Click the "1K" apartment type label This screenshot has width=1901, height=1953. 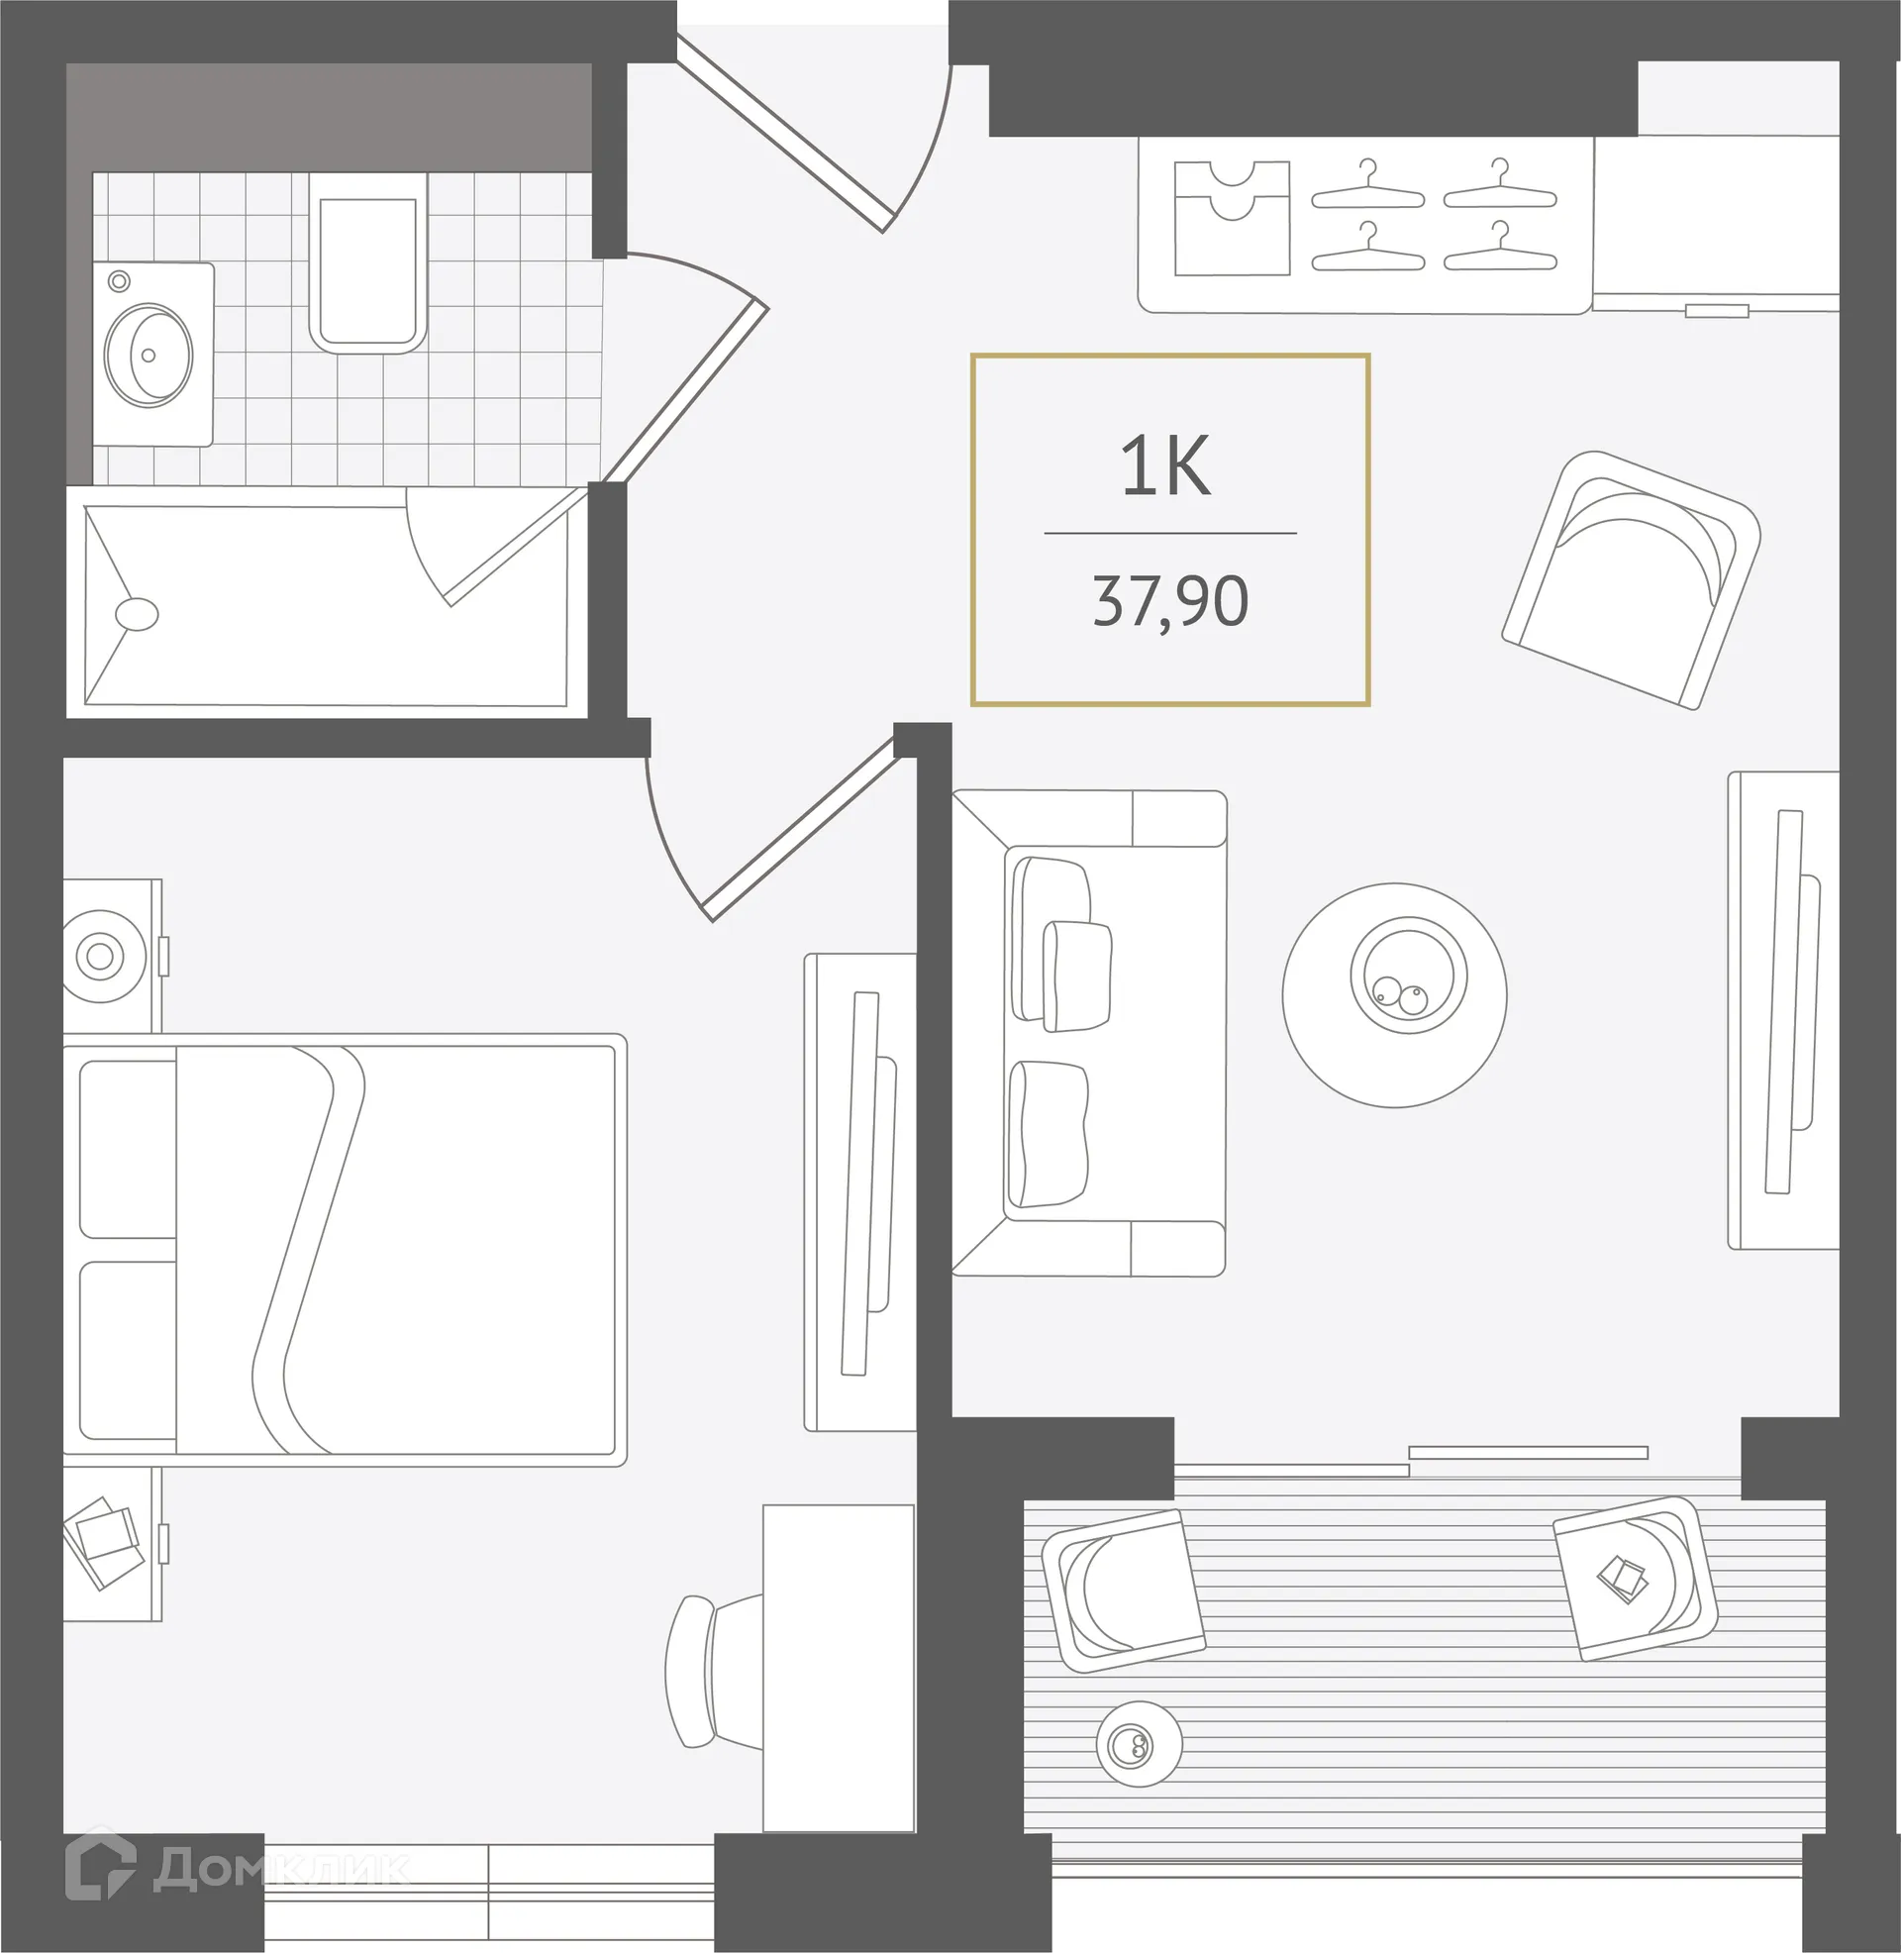(x=1165, y=466)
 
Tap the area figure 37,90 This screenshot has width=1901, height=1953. (x=1170, y=601)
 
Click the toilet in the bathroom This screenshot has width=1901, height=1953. (x=367, y=262)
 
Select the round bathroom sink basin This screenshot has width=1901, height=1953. (x=149, y=355)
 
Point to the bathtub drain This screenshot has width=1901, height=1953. (x=137, y=614)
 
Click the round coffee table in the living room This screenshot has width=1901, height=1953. (x=1394, y=995)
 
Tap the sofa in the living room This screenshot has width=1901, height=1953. (x=1088, y=1033)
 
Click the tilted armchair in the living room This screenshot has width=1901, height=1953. (x=1632, y=580)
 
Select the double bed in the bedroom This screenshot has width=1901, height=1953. (x=345, y=1249)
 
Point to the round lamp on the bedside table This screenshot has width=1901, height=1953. (x=100, y=957)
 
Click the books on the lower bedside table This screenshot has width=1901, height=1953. (x=103, y=1542)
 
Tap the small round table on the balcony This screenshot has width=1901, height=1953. (x=1139, y=1744)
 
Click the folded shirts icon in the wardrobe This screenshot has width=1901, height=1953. (x=1232, y=218)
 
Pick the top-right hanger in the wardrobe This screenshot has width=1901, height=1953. (x=1500, y=187)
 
